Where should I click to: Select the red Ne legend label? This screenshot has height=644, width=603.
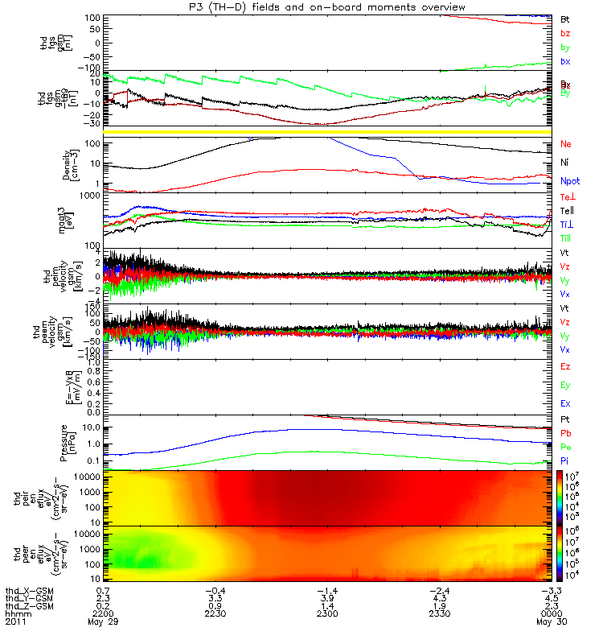[566, 144]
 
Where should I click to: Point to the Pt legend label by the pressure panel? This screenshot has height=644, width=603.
[565, 420]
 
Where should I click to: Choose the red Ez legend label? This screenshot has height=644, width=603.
[566, 366]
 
